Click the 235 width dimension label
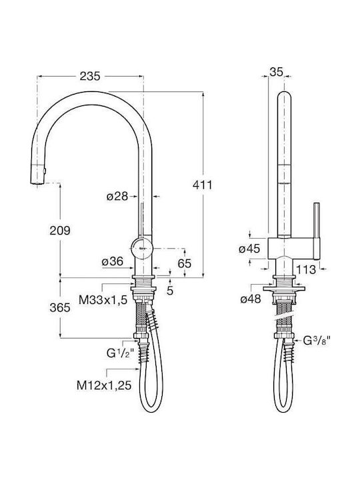[90, 76]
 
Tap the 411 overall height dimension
[203, 185]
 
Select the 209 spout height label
[60, 230]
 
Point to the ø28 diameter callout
[117, 196]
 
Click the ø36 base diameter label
[113, 261]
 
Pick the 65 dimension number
[185, 263]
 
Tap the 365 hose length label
[60, 307]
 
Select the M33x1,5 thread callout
[103, 300]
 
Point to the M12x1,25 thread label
[104, 385]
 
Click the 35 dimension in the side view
[276, 72]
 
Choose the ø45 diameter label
[249, 249]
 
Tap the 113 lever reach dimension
[306, 269]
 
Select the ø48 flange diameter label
[251, 299]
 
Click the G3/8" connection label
[317, 341]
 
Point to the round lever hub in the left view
[141, 248]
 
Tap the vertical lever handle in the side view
[317, 231]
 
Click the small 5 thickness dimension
[170, 291]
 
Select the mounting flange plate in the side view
[284, 289]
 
